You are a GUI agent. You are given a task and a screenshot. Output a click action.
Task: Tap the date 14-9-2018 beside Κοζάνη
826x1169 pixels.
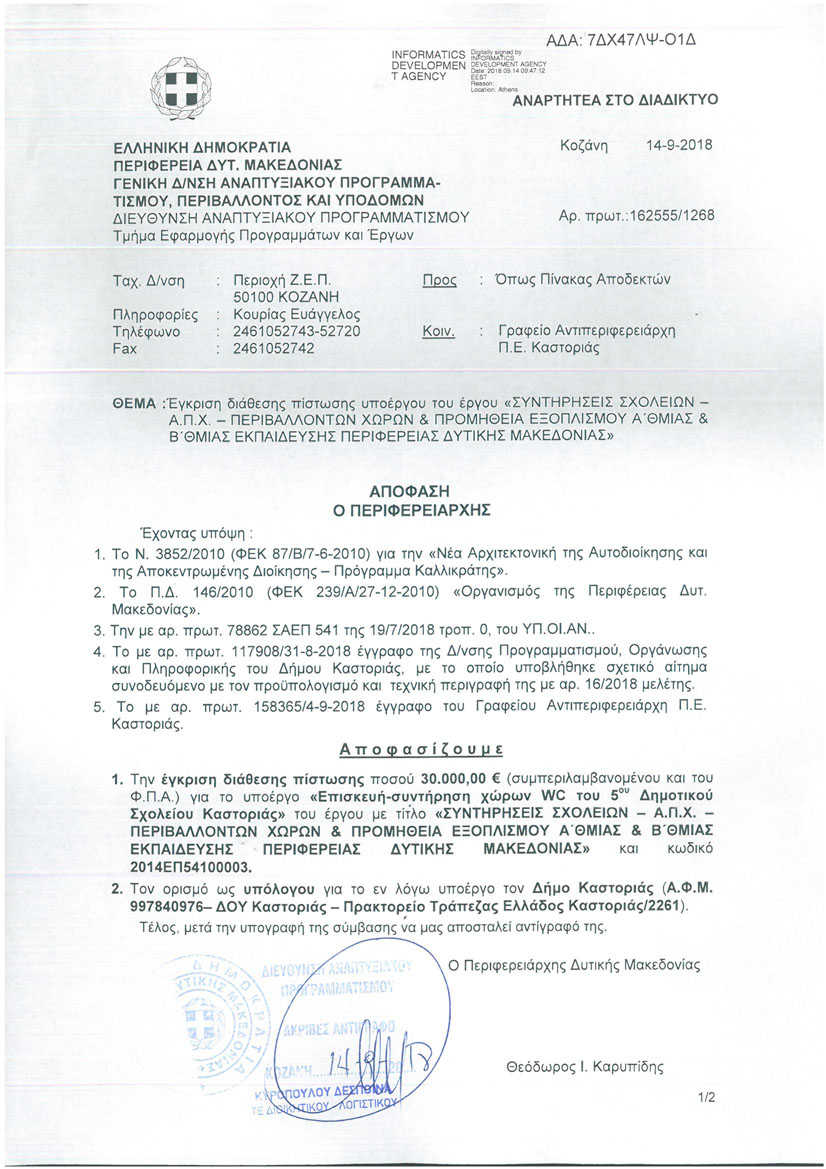tap(680, 145)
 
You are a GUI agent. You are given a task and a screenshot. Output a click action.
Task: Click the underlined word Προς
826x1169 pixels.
tap(440, 280)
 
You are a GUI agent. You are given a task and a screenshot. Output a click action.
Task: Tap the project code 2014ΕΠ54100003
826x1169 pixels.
tap(189, 866)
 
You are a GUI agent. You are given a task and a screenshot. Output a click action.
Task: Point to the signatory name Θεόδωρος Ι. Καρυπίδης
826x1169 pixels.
tap(585, 1067)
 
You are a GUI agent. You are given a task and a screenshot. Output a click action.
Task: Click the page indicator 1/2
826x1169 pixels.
tap(708, 1097)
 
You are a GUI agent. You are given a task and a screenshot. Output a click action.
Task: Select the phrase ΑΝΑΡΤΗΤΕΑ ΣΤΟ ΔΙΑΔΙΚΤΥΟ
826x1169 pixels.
tap(615, 100)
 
